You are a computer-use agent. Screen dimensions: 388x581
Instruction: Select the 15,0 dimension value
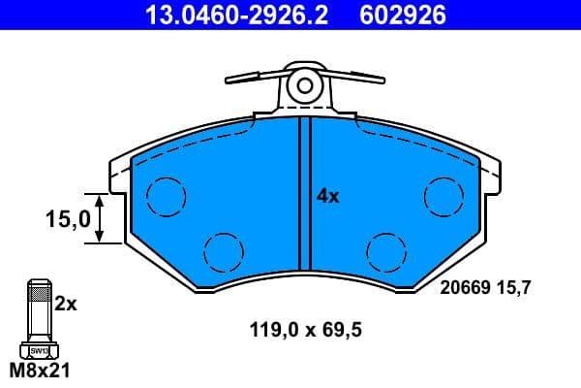point(67,219)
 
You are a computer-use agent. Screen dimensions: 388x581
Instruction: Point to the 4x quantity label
point(328,196)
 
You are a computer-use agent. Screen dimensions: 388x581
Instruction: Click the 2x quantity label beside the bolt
point(65,304)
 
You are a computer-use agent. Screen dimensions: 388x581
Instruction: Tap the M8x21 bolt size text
point(40,371)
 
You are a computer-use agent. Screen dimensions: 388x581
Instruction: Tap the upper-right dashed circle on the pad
point(443,197)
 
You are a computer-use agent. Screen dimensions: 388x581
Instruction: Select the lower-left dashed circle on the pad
point(223,251)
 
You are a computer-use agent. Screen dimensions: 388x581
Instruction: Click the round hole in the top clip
point(305,85)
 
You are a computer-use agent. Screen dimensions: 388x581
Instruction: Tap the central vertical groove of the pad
point(304,194)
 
